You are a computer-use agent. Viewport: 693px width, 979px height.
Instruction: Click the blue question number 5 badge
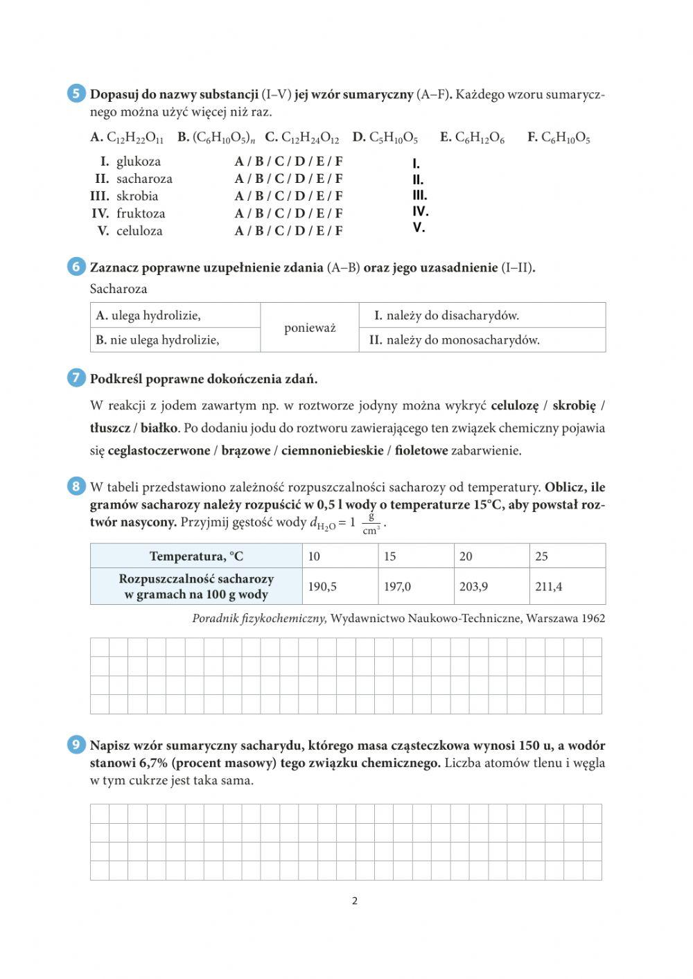76,94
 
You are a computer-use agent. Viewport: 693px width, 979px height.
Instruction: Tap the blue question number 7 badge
76,378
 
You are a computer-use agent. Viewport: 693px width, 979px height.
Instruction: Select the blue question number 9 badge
76,745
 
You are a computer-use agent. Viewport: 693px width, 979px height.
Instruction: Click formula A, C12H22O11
128,138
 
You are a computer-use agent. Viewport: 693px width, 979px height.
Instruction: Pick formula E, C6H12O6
473,138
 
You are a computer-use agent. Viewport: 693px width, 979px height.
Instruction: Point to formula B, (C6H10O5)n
216,138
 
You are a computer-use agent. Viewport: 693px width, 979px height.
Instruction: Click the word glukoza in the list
139,161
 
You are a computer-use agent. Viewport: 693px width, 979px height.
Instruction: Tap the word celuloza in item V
139,231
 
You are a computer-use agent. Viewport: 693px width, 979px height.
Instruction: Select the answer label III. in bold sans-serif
420,195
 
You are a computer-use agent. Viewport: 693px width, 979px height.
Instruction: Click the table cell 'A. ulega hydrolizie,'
148,315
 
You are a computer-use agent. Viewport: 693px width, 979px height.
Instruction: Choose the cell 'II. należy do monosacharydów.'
455,340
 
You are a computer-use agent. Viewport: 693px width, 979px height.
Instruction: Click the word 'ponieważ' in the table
310,328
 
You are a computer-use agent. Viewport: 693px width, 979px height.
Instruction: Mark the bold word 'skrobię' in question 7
574,406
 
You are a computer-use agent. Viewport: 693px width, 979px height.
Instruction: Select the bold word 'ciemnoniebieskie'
332,451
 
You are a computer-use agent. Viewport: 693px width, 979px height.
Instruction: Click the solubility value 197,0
398,587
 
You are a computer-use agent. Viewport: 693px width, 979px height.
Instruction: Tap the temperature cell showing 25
541,556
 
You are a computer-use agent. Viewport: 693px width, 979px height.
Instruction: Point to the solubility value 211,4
549,587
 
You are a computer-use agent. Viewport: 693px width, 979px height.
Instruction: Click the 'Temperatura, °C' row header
196,556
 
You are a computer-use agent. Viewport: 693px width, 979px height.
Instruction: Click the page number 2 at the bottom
355,901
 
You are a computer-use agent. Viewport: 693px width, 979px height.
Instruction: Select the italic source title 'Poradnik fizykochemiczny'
259,618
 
